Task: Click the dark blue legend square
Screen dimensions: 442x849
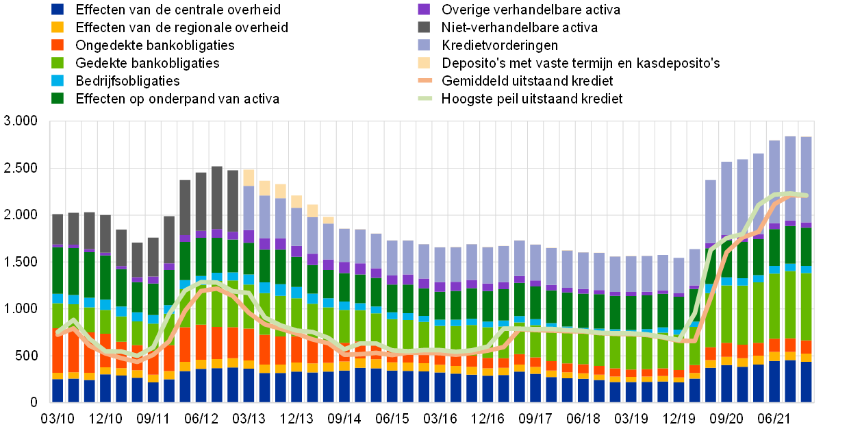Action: [x=58, y=9]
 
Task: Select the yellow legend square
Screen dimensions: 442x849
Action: [x=58, y=27]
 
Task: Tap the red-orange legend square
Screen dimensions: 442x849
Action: [x=58, y=45]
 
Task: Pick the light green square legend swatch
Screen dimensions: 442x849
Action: [x=58, y=62]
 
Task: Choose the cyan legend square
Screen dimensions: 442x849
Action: [x=58, y=80]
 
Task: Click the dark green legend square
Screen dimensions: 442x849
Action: [x=58, y=98]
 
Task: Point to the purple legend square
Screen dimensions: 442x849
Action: [x=424, y=9]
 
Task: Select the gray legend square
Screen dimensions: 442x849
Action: [x=424, y=27]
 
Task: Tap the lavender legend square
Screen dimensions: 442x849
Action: [x=424, y=45]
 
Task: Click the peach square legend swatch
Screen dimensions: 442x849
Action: [x=424, y=62]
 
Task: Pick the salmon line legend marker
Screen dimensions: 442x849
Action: [x=425, y=80]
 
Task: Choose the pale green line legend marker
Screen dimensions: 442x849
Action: [x=425, y=98]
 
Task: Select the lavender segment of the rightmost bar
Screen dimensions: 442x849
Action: [x=806, y=179]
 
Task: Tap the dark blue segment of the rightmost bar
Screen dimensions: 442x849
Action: [x=806, y=382]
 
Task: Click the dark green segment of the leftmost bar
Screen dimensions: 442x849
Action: [x=58, y=271]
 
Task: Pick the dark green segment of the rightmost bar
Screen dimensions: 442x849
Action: [x=806, y=247]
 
